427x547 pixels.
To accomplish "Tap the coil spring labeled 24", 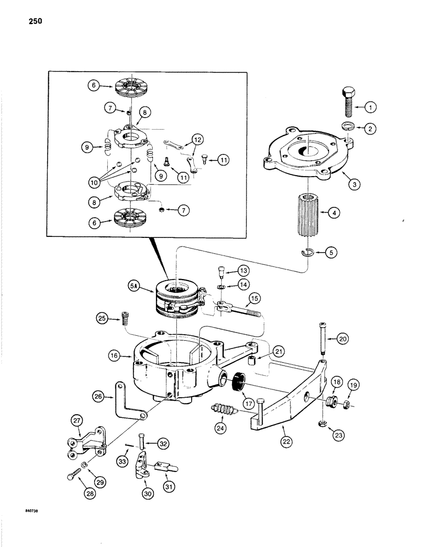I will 223,409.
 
